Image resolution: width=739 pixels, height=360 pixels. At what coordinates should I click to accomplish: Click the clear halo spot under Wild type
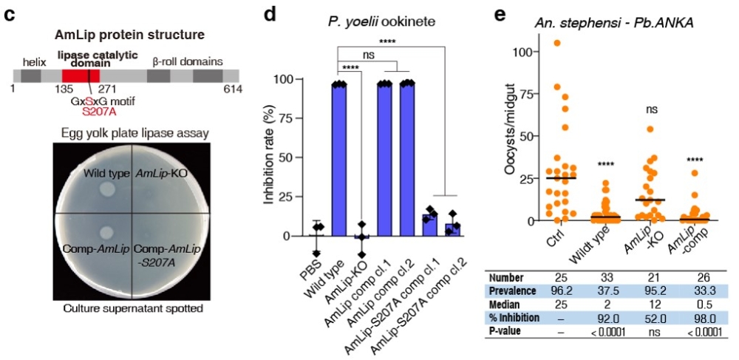(x=107, y=191)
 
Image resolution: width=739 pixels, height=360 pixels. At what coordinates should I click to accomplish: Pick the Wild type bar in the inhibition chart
(x=339, y=160)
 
